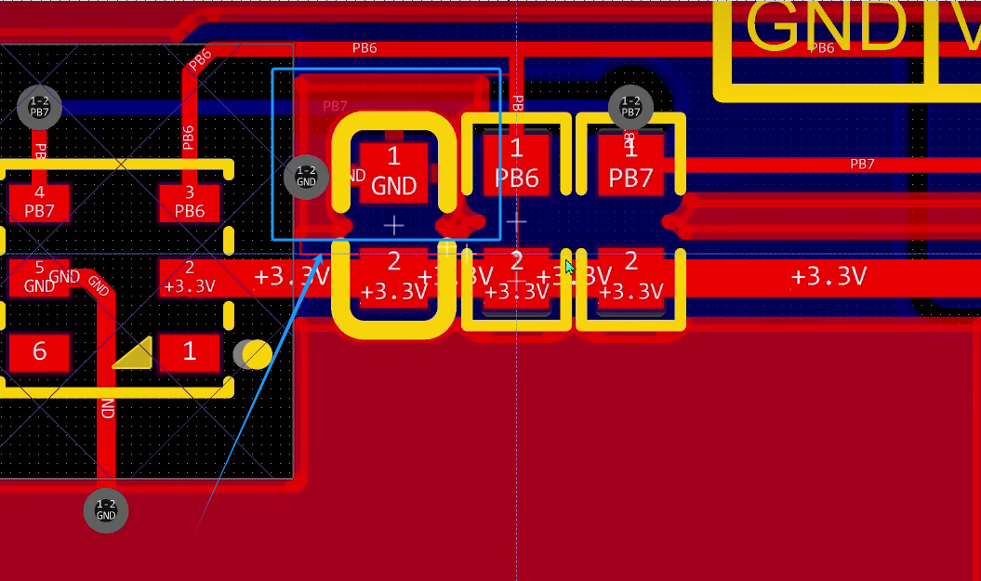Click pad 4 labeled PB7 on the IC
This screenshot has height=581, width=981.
coord(39,202)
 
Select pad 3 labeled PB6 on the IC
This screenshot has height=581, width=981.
coord(190,202)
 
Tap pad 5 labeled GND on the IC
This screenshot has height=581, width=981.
coord(39,277)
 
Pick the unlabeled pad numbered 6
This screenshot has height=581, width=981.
coord(39,352)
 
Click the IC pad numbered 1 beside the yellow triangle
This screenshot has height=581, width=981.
coord(190,352)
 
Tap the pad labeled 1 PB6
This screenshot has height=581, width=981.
coord(516,165)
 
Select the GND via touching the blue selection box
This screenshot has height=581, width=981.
coord(306,177)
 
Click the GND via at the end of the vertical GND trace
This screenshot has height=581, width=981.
coord(106,510)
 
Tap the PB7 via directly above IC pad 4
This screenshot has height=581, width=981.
coord(39,107)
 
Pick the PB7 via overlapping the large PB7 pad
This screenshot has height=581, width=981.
coord(630,107)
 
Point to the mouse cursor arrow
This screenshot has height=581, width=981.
coord(570,269)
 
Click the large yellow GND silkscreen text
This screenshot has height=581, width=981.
coord(826,28)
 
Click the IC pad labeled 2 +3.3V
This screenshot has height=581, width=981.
coord(190,277)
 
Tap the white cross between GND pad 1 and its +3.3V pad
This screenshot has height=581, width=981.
coord(394,225)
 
